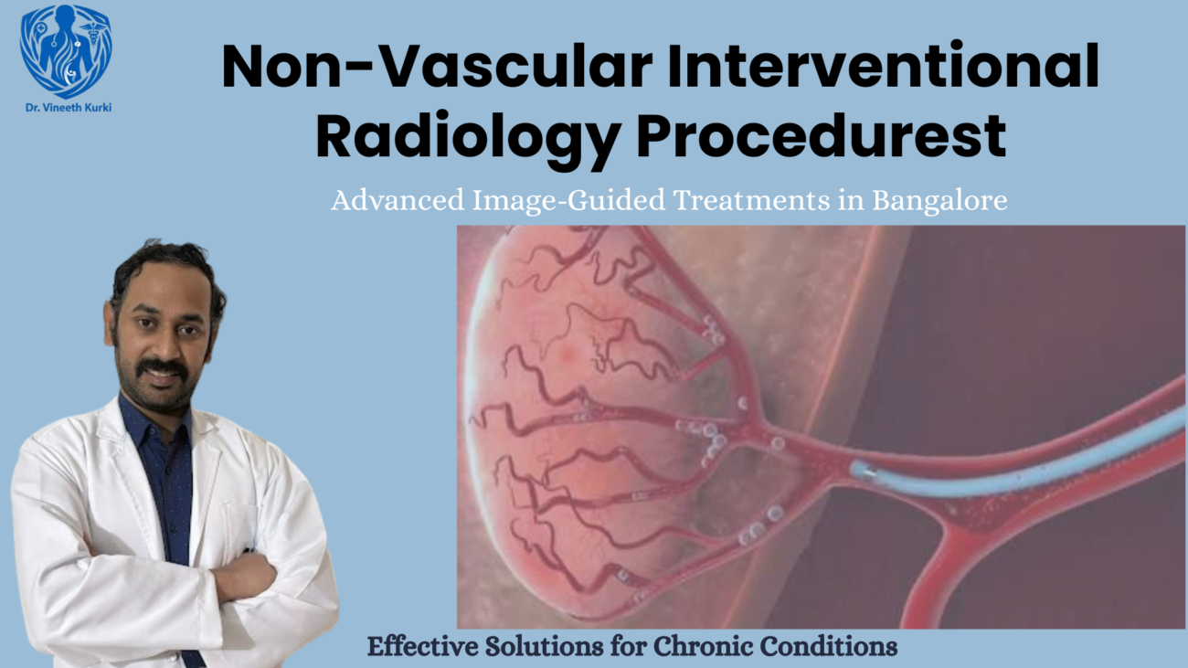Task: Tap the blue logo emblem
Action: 66,50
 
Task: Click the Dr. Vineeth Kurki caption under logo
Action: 65,107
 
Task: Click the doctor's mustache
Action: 164,367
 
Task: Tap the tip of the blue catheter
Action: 857,470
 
